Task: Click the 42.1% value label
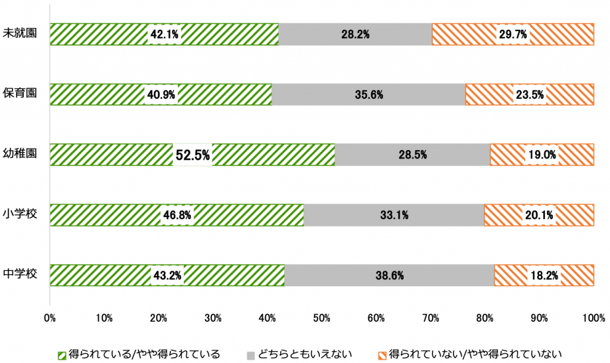164,35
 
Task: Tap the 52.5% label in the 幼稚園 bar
192,156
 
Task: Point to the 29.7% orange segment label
513,35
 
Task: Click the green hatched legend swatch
63,354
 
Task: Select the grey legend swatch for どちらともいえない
251,354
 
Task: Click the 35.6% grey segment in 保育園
369,95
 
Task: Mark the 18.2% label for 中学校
544,276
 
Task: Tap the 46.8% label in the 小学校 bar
176,216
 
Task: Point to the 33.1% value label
394,216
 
